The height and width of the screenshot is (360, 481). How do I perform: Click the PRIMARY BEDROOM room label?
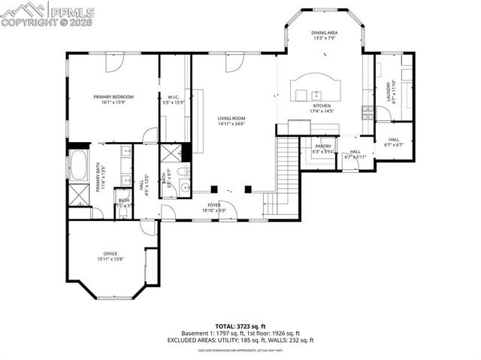pos(113,97)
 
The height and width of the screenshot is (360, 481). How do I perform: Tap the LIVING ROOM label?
pos(231,118)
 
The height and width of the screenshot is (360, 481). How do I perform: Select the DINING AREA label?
pos(324,33)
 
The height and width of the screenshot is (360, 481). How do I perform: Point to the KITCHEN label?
pos(322,106)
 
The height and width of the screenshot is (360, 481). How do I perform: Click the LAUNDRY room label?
pos(389,93)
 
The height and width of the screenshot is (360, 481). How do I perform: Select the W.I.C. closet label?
pos(172,97)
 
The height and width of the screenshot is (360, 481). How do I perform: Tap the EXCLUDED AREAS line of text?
pos(240,340)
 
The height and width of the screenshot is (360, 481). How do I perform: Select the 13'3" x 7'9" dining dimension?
pos(324,39)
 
